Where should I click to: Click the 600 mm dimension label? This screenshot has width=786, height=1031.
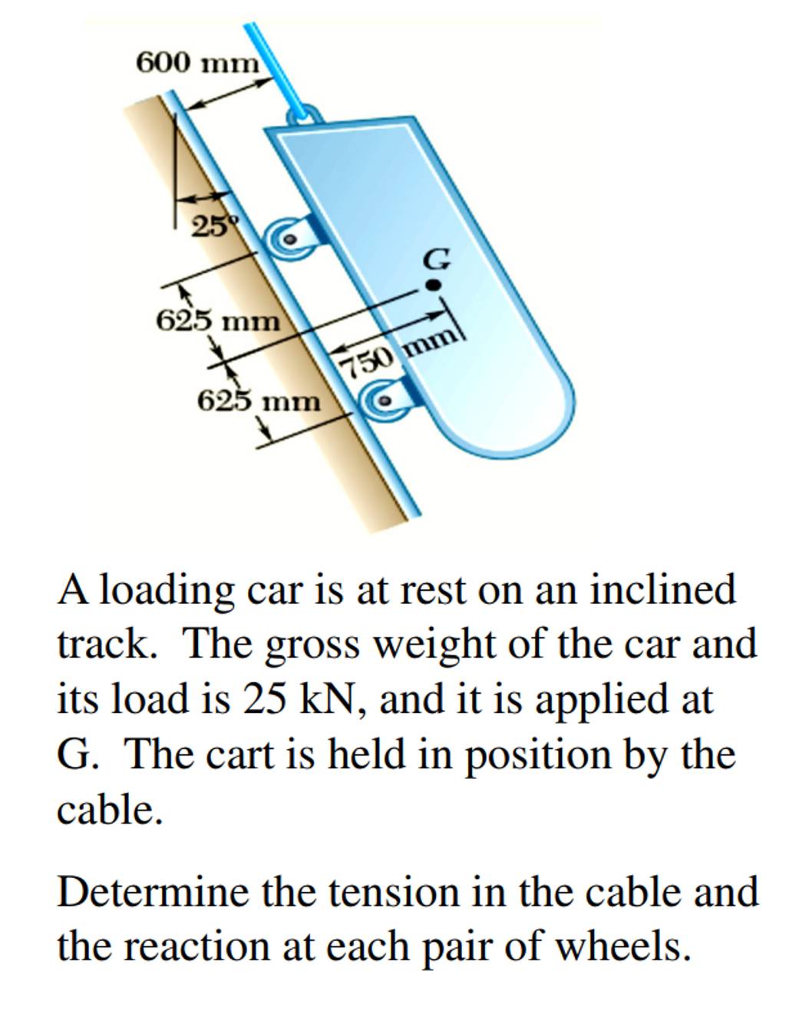point(197,64)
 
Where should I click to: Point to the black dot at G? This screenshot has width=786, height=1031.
point(433,285)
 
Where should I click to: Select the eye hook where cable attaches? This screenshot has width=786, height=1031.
point(305,115)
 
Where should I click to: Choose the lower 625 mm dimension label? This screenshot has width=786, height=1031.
point(259,402)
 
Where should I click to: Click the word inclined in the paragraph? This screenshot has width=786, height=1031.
point(662,591)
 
